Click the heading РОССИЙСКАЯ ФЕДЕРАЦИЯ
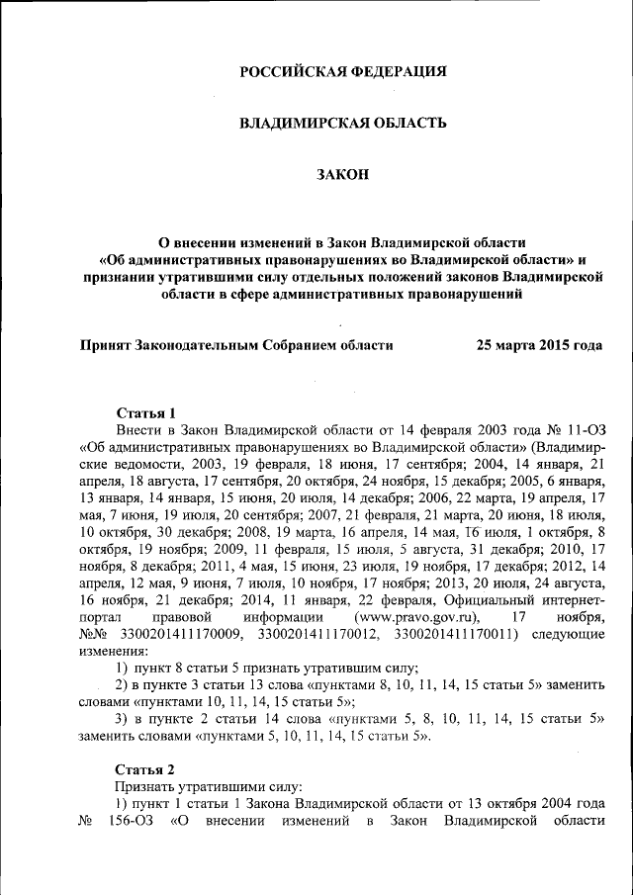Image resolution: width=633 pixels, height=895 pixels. (343, 71)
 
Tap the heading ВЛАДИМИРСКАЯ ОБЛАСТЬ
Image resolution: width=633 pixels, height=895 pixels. (343, 123)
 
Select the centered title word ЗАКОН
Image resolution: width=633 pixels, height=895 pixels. (342, 174)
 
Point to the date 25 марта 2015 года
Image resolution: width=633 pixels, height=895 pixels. (539, 345)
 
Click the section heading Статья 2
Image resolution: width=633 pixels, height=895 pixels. (145, 769)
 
